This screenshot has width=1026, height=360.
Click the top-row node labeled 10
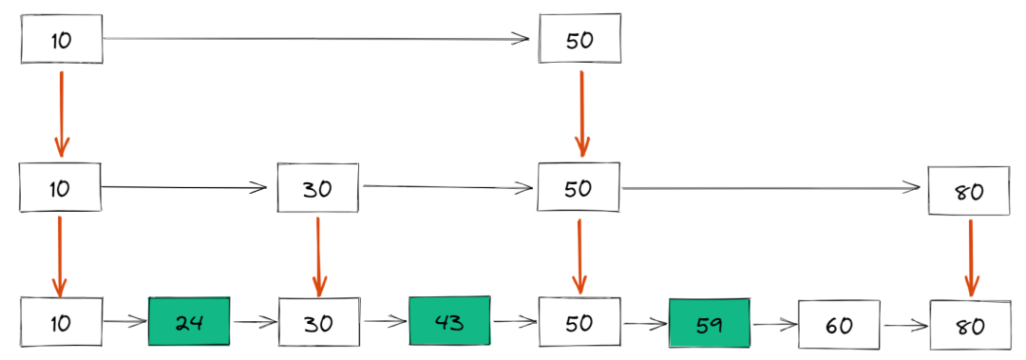[62, 40]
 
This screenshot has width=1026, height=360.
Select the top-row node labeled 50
[579, 40]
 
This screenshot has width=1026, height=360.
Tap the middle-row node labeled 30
[318, 187]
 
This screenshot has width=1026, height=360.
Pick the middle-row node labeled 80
[969, 191]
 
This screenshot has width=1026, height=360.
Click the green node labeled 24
[189, 322]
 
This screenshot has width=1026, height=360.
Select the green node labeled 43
[449, 322]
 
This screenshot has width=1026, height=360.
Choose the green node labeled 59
[709, 323]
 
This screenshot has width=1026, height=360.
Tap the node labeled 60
[838, 325]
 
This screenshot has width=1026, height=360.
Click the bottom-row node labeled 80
[969, 325]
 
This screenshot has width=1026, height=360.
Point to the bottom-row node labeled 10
[61, 322]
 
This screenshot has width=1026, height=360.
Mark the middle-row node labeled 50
[579, 187]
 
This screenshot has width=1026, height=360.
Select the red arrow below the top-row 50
[580, 112]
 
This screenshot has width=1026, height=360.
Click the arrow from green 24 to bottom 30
[254, 322]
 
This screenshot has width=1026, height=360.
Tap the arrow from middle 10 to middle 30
[185, 187]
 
